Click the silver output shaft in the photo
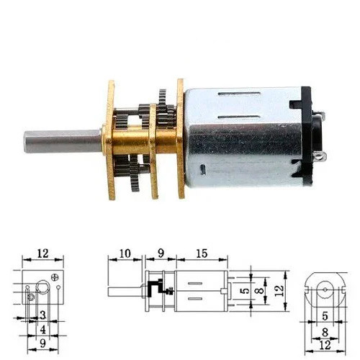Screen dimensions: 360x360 (63, 142)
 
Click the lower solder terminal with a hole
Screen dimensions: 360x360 (320, 157)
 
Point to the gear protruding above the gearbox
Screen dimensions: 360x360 (163, 99)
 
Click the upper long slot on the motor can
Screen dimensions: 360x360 (239, 94)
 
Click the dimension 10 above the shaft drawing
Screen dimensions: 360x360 (125, 253)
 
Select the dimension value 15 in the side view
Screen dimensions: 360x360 (202, 253)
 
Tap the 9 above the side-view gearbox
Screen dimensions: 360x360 (161, 253)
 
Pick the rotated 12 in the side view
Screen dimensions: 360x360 (279, 291)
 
